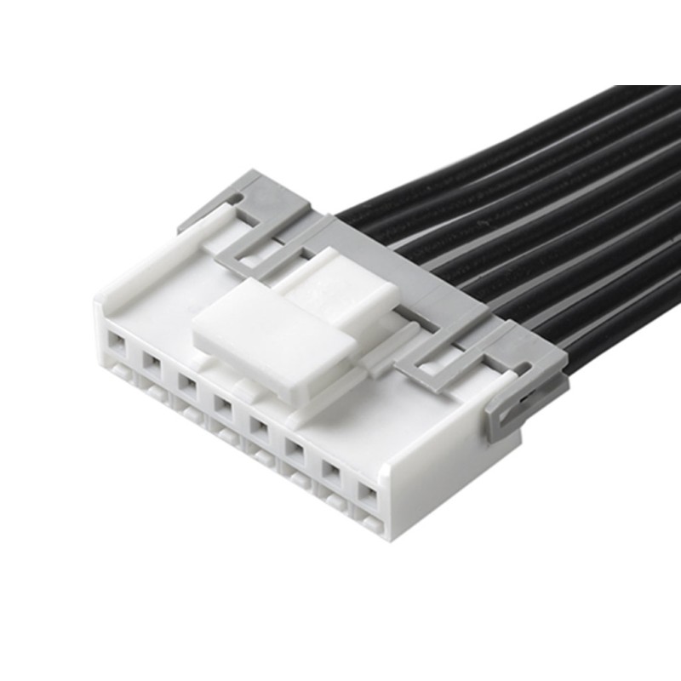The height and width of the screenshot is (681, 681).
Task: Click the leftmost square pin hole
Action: [115, 346]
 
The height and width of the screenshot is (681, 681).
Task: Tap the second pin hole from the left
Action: [151, 363]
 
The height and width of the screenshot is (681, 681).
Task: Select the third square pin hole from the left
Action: [186, 382]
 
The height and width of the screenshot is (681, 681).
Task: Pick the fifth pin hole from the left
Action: [258, 422]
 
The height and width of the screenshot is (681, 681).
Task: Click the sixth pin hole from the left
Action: [295, 443]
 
